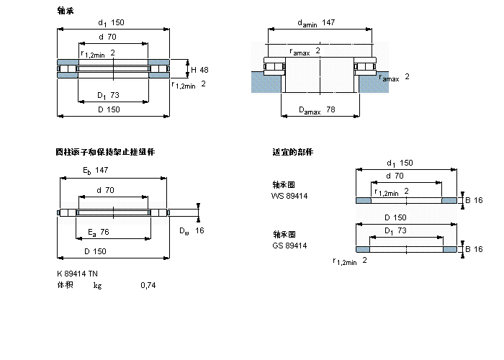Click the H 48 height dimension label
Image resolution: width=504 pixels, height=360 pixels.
199,70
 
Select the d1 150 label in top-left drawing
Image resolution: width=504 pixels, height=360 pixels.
110,22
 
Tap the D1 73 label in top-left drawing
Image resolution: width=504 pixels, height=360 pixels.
108,95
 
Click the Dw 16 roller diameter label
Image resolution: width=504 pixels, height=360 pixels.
192,230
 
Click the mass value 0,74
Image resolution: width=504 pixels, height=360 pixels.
148,286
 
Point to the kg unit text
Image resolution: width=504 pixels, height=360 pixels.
97,286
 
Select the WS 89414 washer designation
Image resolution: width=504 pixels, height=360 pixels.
289,196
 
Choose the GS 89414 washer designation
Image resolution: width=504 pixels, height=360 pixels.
289,246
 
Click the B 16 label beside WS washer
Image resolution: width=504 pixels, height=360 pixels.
474,199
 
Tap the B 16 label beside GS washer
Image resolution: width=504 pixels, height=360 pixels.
474,249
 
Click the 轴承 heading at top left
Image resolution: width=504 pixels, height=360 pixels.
65,11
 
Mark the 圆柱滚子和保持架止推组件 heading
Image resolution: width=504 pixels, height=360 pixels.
105,152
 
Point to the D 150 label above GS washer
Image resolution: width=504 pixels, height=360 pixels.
397,217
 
